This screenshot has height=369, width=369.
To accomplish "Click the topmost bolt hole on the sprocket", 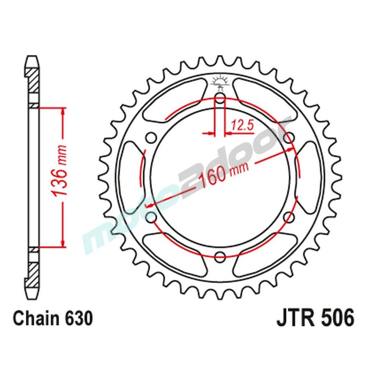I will pos(220,99).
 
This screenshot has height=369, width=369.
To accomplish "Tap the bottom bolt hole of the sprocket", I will pos(220,255).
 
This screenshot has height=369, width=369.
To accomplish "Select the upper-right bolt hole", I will pos(290,138).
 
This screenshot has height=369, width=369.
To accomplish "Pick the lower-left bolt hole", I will pos(151,217).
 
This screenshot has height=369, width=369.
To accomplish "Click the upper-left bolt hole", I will pos(151,138).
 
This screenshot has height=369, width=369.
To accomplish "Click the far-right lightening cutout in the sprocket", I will pos(309,177).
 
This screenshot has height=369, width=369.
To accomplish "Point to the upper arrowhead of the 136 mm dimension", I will pos(64,111).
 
